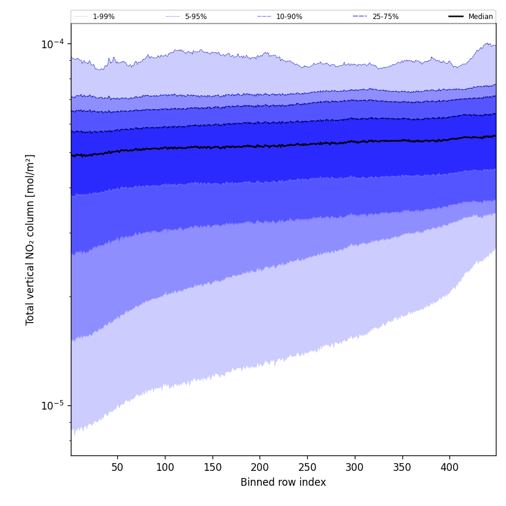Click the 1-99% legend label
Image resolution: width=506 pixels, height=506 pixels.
pyautogui.click(x=104, y=17)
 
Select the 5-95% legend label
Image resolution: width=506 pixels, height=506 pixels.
pyautogui.click(x=196, y=17)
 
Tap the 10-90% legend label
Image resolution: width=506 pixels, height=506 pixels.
pyautogui.click(x=289, y=17)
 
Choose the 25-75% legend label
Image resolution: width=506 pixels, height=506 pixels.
pyautogui.click(x=385, y=17)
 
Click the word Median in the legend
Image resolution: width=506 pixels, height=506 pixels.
pyautogui.click(x=480, y=17)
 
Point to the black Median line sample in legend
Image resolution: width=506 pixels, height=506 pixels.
pyautogui.click(x=456, y=17)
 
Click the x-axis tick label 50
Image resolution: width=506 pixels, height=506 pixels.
pyautogui.click(x=117, y=467)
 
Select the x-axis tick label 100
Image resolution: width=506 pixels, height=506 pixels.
pyautogui.click(x=165, y=467)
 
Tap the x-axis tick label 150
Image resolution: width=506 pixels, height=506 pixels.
pyautogui.click(x=213, y=467)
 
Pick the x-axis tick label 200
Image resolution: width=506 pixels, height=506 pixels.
pyautogui.click(x=260, y=467)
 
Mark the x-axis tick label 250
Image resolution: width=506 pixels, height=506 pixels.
pyautogui.click(x=307, y=467)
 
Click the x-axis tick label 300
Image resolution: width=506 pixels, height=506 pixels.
pyautogui.click(x=355, y=467)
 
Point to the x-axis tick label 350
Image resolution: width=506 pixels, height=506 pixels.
pyautogui.click(x=402, y=467)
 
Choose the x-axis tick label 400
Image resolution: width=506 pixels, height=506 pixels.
pyautogui.click(x=449, y=467)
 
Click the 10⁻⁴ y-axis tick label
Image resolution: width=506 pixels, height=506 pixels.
pyautogui.click(x=52, y=43)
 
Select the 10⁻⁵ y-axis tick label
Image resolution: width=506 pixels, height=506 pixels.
pyautogui.click(x=52, y=405)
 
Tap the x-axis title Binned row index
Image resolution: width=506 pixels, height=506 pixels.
pyautogui.click(x=283, y=482)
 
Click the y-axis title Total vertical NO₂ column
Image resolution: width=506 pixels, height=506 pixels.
pyautogui.click(x=30, y=239)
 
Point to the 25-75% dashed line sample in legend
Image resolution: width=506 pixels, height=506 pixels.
pyautogui.click(x=360, y=17)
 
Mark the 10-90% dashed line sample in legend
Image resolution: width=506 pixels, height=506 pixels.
pyautogui.click(x=264, y=17)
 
